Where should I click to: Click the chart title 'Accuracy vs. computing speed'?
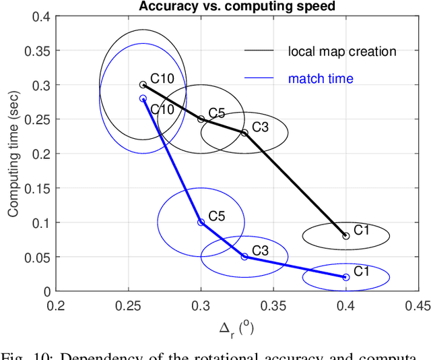pyautogui.click(x=237, y=6)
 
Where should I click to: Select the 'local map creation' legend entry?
pyautogui.click(x=342, y=51)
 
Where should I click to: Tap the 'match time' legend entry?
pyautogui.click(x=321, y=79)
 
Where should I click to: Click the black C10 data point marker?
pyautogui.click(x=143, y=85)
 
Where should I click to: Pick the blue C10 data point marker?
pyautogui.click(x=143, y=98)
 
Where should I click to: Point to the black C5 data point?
pyautogui.click(x=201, y=119)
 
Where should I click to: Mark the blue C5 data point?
pyautogui.click(x=201, y=222)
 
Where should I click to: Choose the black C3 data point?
pyautogui.click(x=244, y=133)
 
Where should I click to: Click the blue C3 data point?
pyautogui.click(x=244, y=257)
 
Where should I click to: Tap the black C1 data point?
pyautogui.click(x=346, y=236)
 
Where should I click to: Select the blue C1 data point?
pyautogui.click(x=346, y=277)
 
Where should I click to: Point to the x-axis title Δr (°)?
pyautogui.click(x=236, y=330)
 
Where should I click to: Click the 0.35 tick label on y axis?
pyautogui.click(x=37, y=51)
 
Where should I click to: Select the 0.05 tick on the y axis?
pyautogui.click(x=37, y=257)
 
